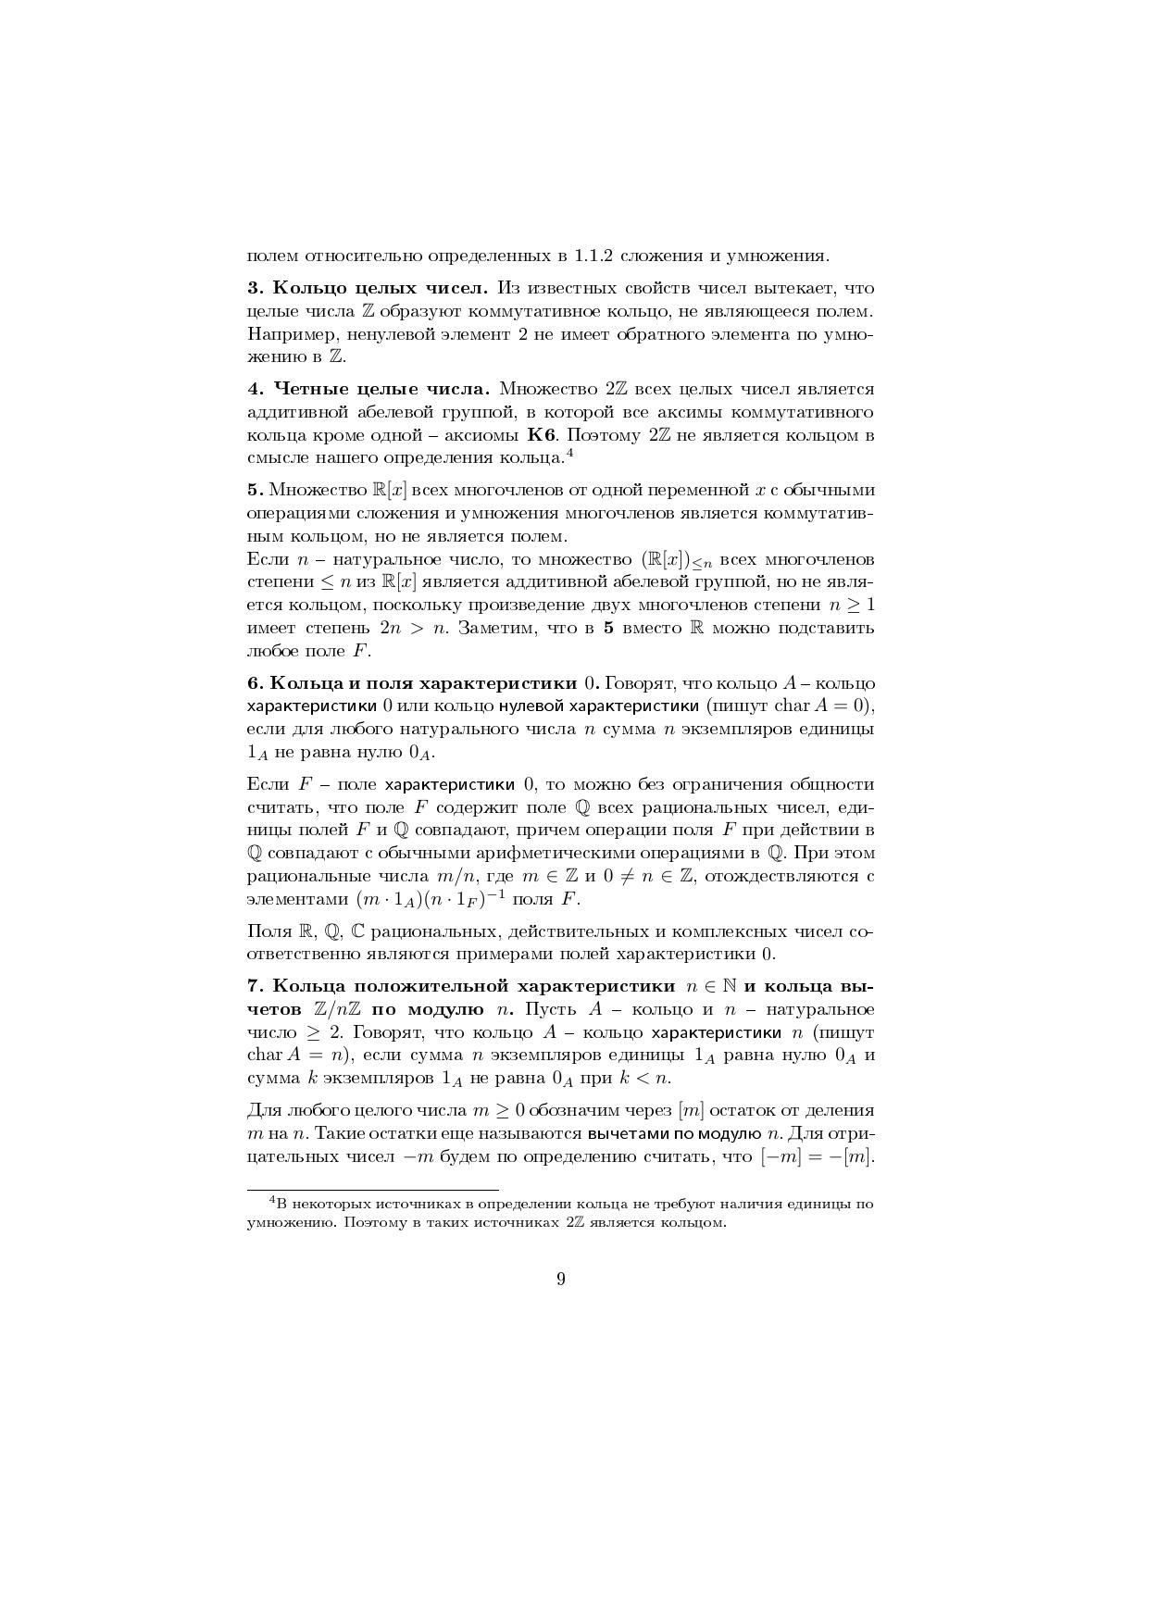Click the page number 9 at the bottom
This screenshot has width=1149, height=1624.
coord(561,1280)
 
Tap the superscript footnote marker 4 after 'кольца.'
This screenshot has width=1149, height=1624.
coord(570,453)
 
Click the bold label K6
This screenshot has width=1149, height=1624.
coord(540,435)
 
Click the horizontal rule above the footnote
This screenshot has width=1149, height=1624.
coord(372,1189)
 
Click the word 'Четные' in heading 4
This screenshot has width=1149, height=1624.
coord(309,389)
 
